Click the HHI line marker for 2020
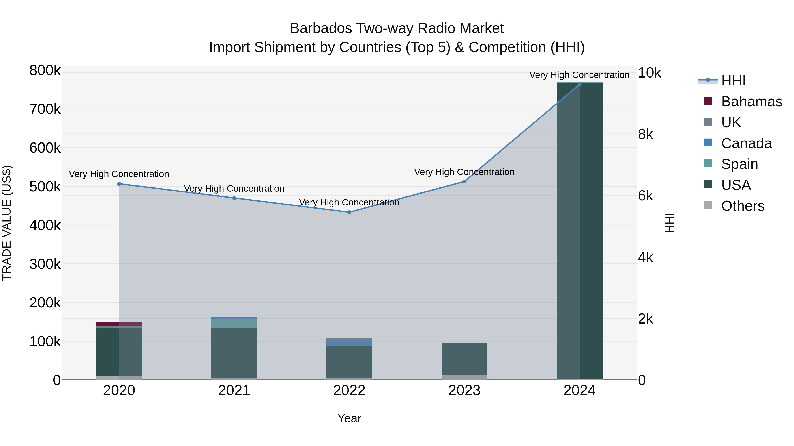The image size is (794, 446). click(119, 184)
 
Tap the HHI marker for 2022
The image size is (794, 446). click(349, 212)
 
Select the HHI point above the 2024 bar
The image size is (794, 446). click(579, 84)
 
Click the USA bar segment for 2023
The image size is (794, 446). click(464, 359)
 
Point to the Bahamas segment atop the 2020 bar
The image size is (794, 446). click(119, 324)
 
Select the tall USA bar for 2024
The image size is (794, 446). click(579, 231)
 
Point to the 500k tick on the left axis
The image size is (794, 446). click(45, 187)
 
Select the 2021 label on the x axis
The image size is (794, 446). click(234, 390)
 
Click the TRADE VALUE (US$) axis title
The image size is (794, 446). click(7, 223)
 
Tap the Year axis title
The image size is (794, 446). click(349, 418)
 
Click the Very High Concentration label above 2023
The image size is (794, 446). click(464, 172)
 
